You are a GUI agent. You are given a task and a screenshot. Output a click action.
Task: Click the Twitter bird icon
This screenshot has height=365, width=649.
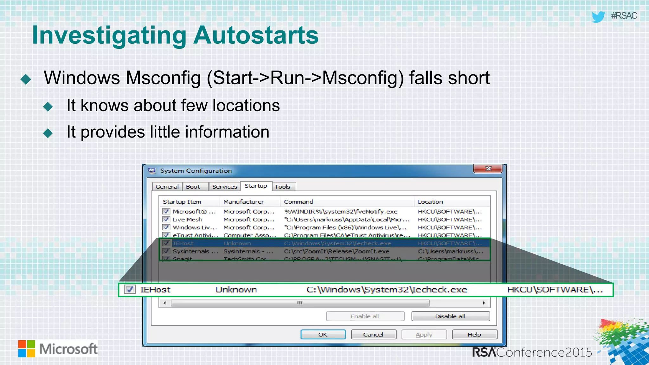point(598,16)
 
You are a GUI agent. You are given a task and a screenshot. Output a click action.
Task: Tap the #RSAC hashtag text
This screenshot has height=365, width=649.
point(624,16)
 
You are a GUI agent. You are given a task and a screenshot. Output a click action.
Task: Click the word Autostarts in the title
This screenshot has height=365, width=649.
point(256,35)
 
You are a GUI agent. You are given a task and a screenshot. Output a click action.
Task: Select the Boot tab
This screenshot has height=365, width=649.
point(193,187)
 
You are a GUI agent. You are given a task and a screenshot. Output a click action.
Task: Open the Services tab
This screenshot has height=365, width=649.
point(224,187)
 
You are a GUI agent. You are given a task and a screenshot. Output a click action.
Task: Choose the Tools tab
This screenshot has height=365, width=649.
point(282,187)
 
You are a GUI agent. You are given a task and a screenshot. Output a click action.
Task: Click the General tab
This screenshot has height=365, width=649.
point(167,187)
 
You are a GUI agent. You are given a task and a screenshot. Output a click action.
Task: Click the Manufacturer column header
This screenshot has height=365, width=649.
point(243,202)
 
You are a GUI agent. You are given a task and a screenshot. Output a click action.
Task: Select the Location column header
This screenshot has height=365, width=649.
point(430,202)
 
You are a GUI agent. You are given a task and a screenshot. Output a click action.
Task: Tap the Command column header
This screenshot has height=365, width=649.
point(299,202)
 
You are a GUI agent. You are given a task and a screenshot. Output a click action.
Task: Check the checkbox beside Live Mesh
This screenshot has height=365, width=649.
point(166,219)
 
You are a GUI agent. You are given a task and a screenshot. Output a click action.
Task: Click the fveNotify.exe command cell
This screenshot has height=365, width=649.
point(341,211)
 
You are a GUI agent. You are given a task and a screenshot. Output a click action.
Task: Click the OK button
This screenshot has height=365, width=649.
point(323,335)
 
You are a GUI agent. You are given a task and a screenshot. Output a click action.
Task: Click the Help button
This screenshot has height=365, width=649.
point(474,335)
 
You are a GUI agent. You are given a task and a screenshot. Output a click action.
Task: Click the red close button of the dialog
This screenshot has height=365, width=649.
point(488,169)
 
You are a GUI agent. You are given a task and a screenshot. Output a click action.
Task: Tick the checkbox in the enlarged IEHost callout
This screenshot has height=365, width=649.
point(130,290)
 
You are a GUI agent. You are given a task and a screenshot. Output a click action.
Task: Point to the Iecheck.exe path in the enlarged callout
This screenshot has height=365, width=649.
point(387,290)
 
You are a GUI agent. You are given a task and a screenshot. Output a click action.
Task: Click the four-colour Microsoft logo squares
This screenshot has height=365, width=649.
point(27,349)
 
